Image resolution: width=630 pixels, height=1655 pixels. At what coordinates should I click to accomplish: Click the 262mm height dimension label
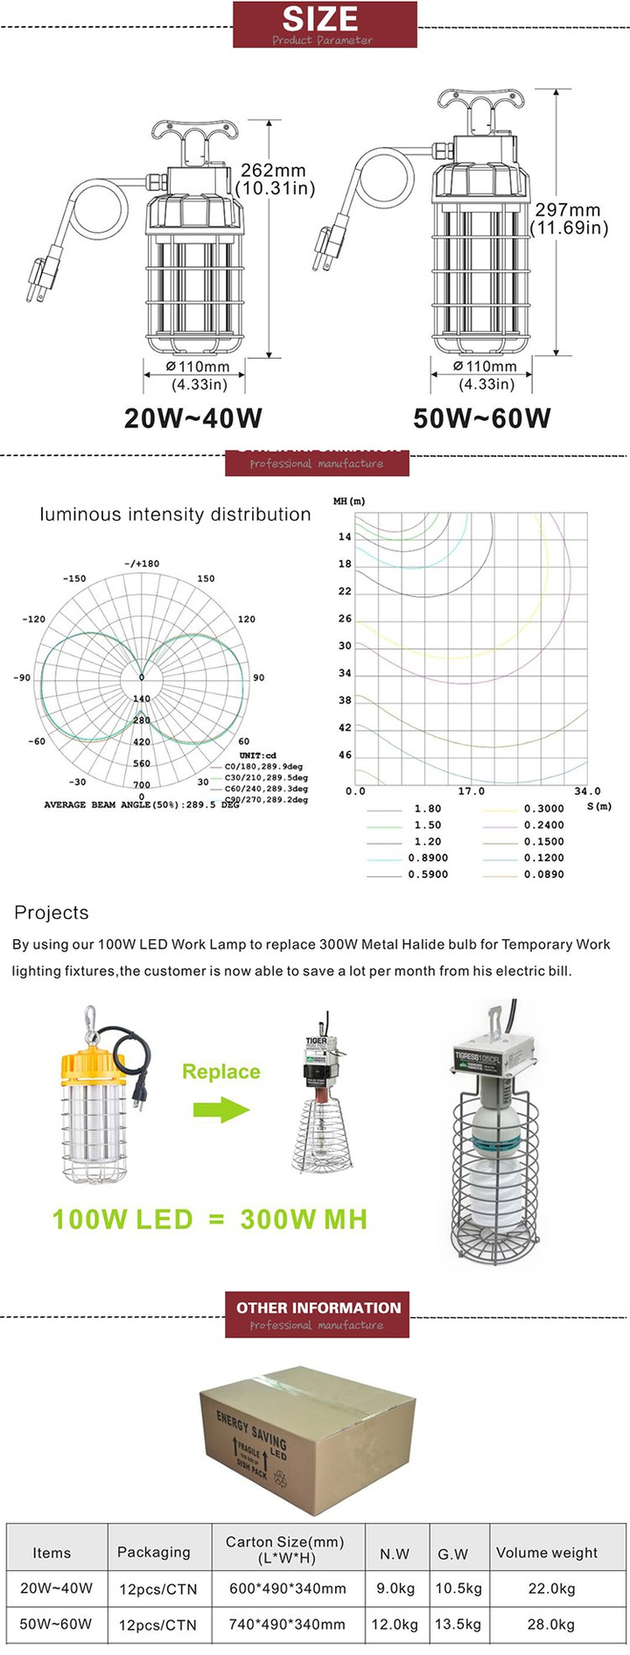click(275, 179)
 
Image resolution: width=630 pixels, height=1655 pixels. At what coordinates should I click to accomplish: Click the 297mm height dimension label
click(569, 219)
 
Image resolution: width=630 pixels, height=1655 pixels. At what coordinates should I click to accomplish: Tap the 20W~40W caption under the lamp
click(193, 418)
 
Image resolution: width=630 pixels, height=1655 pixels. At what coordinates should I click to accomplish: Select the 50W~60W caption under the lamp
click(482, 418)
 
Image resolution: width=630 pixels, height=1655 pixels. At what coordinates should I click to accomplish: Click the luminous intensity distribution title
click(175, 515)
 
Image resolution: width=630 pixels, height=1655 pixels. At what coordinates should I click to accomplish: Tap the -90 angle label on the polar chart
click(22, 678)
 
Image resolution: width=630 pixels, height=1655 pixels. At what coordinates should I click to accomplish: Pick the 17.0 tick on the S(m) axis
click(471, 791)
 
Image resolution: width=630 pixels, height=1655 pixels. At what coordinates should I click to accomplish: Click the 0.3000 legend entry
click(543, 809)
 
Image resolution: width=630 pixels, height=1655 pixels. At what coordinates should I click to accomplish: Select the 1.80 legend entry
click(427, 809)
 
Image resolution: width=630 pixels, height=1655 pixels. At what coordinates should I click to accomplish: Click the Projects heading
click(52, 913)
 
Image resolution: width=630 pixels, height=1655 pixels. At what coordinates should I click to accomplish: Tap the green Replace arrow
click(221, 1110)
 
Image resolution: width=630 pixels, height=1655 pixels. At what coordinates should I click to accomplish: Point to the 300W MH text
click(304, 1219)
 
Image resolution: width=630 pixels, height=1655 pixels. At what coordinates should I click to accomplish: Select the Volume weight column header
click(547, 1553)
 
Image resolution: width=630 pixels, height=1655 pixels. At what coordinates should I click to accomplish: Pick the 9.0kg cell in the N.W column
click(395, 1588)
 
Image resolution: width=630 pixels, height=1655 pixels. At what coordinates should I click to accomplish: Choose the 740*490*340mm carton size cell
click(287, 1624)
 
